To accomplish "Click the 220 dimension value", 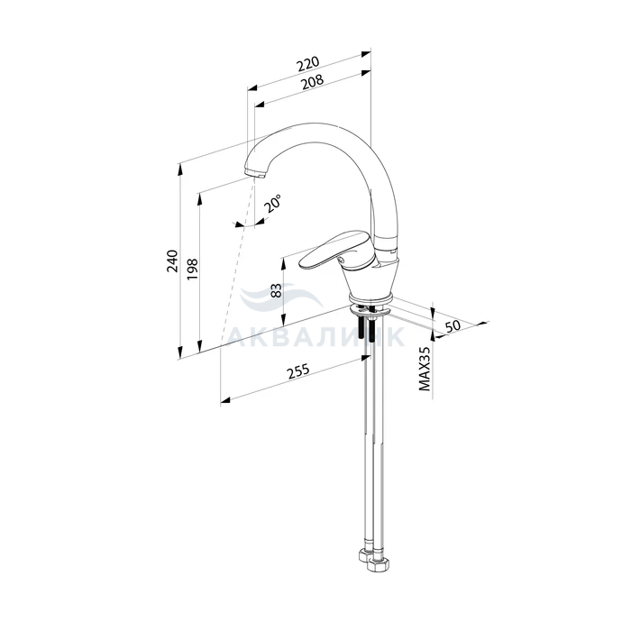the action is [x=308, y=64].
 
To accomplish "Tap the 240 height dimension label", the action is [x=173, y=261].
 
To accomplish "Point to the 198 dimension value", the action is [x=192, y=270].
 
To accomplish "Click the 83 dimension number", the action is [x=277, y=290].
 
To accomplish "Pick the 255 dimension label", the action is [x=298, y=371].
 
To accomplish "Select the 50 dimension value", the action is [x=453, y=325].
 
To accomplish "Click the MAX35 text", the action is [x=425, y=369].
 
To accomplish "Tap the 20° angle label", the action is [x=272, y=203].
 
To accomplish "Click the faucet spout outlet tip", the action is [x=254, y=173].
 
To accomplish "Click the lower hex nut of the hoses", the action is [x=379, y=563].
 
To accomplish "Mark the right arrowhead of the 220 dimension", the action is [x=365, y=53].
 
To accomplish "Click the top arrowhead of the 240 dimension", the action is [x=180, y=169].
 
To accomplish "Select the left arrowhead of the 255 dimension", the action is [x=225, y=399].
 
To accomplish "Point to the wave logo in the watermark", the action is [x=280, y=297].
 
